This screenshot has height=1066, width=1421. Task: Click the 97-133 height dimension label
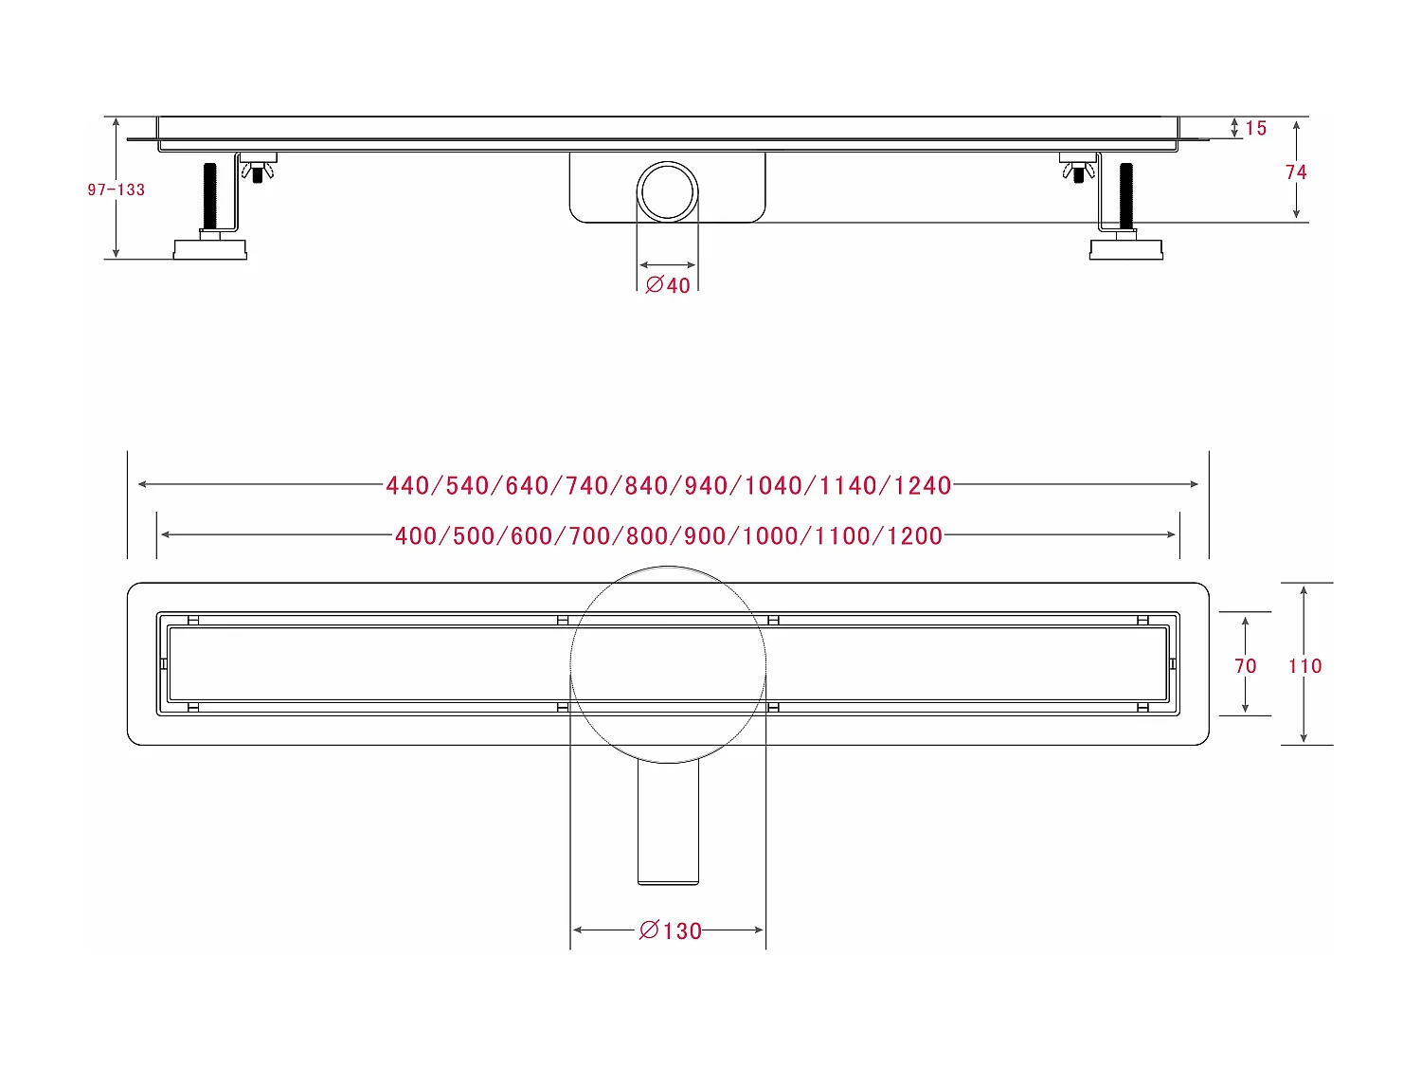pos(116,190)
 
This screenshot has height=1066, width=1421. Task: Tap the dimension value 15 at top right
pos(1255,128)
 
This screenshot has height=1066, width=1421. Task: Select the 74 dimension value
pos(1295,172)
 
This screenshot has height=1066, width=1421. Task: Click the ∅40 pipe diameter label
pos(668,285)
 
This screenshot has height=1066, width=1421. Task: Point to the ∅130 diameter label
pos(671,930)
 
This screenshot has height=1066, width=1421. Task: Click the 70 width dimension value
pos(1245,666)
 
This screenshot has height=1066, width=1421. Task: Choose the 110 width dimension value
pos(1304,666)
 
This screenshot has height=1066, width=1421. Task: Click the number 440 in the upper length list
pos(407,485)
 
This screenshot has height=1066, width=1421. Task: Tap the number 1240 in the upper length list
pos(923,485)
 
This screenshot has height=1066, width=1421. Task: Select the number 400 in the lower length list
pos(415,535)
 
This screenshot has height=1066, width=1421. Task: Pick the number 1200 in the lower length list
pos(914,535)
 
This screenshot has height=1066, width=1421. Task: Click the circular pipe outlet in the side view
pos(668,191)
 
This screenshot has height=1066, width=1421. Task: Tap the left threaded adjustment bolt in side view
pos(210,195)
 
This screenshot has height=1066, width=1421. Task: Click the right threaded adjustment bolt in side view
pos(1126,195)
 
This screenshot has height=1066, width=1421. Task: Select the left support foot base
pos(210,249)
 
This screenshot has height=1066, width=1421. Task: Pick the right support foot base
pos(1126,249)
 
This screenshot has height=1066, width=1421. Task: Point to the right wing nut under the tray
pos(1078,172)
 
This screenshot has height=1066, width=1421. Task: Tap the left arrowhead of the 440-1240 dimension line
pos(142,484)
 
